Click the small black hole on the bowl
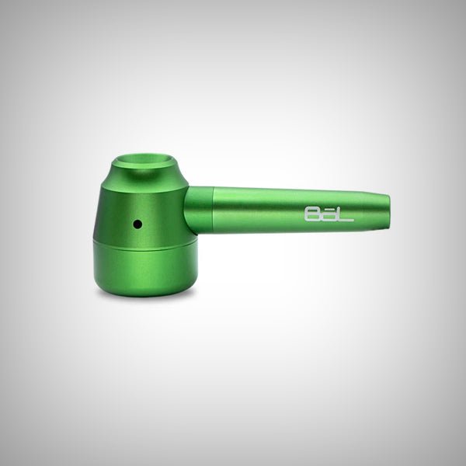137,224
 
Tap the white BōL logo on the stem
326,214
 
